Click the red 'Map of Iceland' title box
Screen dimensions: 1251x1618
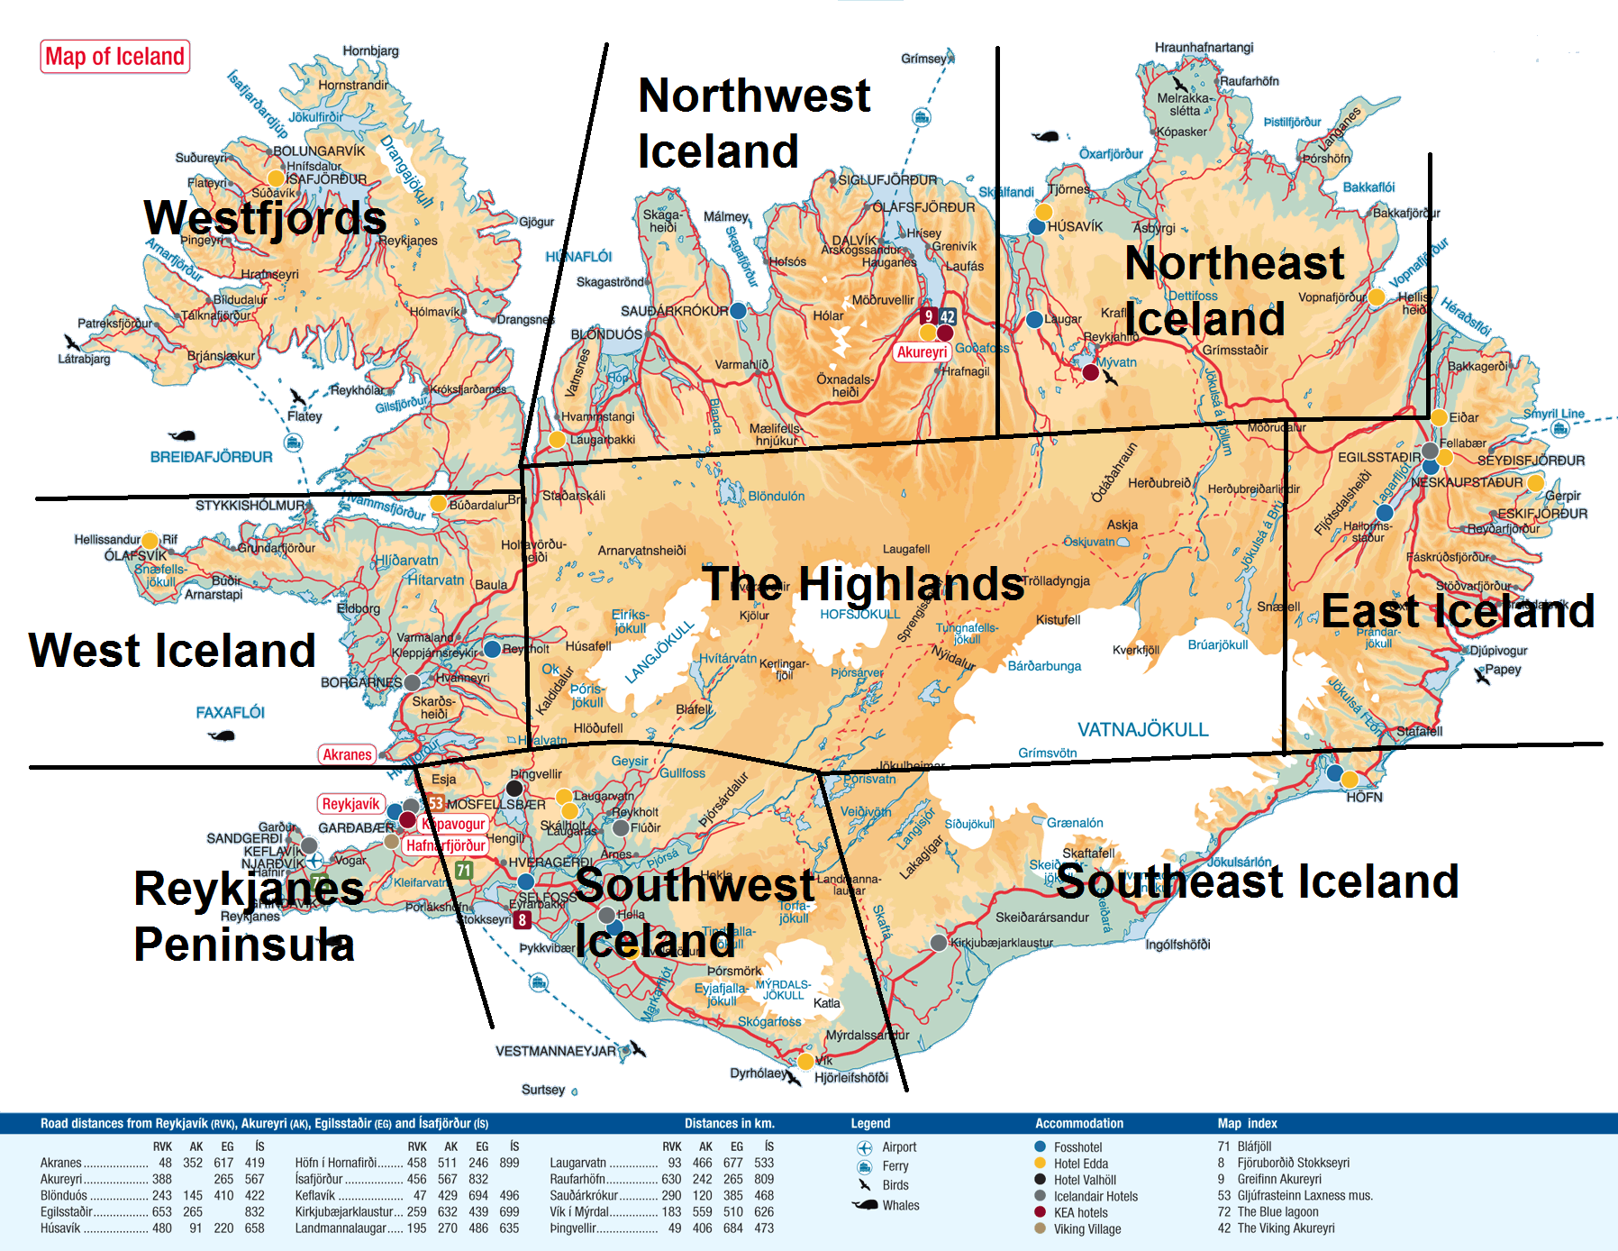114,57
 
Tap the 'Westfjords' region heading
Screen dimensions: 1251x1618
265,218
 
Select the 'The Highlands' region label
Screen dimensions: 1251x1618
863,583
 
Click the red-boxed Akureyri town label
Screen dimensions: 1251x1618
922,352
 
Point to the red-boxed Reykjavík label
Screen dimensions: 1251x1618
350,804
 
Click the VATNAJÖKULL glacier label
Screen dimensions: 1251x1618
1142,729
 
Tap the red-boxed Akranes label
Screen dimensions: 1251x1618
347,754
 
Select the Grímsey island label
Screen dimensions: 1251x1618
923,59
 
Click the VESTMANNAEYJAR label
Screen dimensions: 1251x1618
555,1051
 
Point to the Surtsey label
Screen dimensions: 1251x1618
542,1090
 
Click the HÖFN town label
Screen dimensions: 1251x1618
1364,797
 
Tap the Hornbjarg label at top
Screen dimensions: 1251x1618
370,50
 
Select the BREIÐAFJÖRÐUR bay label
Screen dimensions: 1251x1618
211,457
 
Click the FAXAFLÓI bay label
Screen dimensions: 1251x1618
230,712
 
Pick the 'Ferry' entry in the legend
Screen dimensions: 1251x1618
895,1166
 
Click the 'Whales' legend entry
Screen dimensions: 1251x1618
901,1205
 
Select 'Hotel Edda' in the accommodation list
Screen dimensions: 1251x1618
1080,1164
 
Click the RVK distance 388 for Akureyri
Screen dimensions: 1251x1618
162,1179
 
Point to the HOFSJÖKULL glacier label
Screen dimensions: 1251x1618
859,614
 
